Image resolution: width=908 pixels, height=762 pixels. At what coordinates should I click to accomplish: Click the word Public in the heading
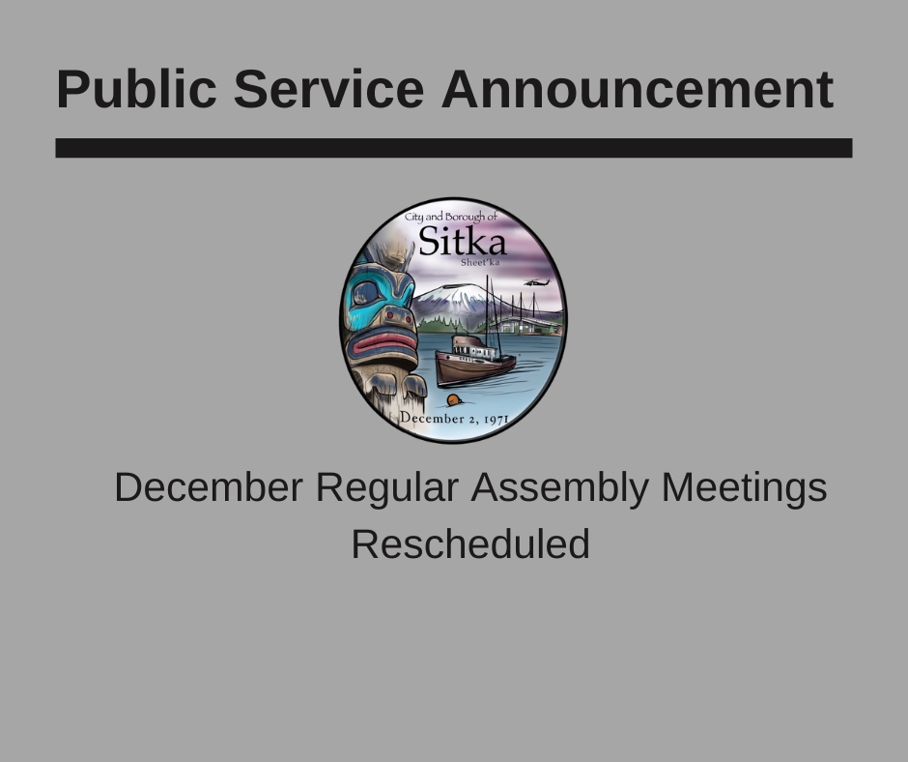point(136,89)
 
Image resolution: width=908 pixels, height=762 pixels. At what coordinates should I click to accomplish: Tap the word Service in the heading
point(329,89)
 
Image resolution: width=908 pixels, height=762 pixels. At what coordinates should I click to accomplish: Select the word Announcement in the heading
point(638,89)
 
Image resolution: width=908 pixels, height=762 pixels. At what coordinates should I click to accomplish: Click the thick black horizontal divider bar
point(454,148)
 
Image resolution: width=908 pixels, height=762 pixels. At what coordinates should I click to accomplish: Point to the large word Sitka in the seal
point(462,241)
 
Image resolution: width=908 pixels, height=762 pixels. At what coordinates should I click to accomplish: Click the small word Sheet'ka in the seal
point(480,262)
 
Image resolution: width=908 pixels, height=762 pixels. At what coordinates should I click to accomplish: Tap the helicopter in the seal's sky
point(537,282)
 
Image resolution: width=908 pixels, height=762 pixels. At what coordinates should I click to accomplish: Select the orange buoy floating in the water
point(454,400)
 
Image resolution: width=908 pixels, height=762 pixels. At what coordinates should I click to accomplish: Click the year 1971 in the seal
point(497,420)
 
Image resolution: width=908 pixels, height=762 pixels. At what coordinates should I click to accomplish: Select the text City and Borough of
point(450,217)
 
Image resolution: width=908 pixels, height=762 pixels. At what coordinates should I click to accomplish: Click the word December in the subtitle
point(209,487)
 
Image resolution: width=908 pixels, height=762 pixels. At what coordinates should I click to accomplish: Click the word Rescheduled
point(470,544)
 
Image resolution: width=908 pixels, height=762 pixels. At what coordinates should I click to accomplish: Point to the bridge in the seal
point(528,319)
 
